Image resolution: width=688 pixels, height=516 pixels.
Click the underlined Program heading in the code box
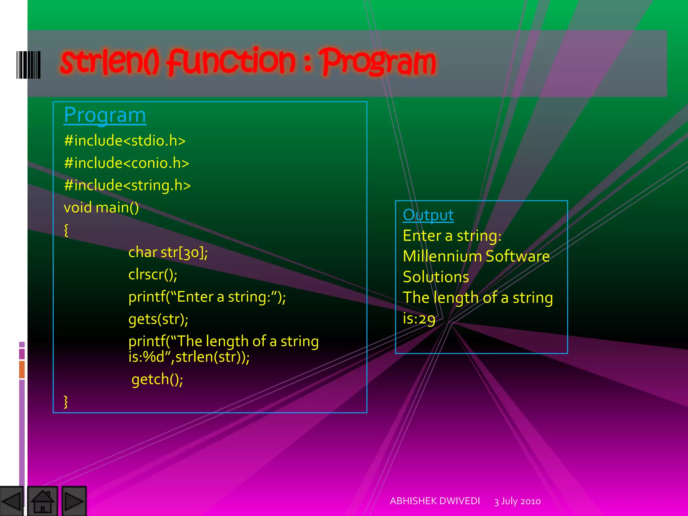coord(105,115)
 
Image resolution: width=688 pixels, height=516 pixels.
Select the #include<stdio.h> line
coord(125,141)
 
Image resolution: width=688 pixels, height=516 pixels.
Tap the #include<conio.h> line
coord(126,163)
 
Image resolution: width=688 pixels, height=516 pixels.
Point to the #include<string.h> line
coord(127,185)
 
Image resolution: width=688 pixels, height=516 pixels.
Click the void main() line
coord(101,208)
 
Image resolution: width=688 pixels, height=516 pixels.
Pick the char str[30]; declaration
coord(168,252)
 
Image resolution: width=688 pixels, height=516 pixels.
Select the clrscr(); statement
coord(153,275)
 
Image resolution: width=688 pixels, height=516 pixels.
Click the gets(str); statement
coord(158,319)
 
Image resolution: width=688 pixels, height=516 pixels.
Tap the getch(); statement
coord(157,379)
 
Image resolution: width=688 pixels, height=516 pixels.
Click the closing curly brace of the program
coord(66,401)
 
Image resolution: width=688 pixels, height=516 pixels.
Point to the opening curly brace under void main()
coord(66,230)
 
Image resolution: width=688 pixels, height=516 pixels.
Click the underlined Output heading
coord(428,215)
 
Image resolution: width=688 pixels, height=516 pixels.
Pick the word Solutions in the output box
coord(436,277)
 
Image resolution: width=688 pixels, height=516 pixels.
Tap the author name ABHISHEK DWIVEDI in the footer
coord(435,501)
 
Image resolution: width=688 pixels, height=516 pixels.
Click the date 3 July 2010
coord(517,501)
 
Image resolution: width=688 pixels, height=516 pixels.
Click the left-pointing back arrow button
coord(11,501)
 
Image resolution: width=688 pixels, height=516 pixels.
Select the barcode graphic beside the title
coord(29,65)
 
